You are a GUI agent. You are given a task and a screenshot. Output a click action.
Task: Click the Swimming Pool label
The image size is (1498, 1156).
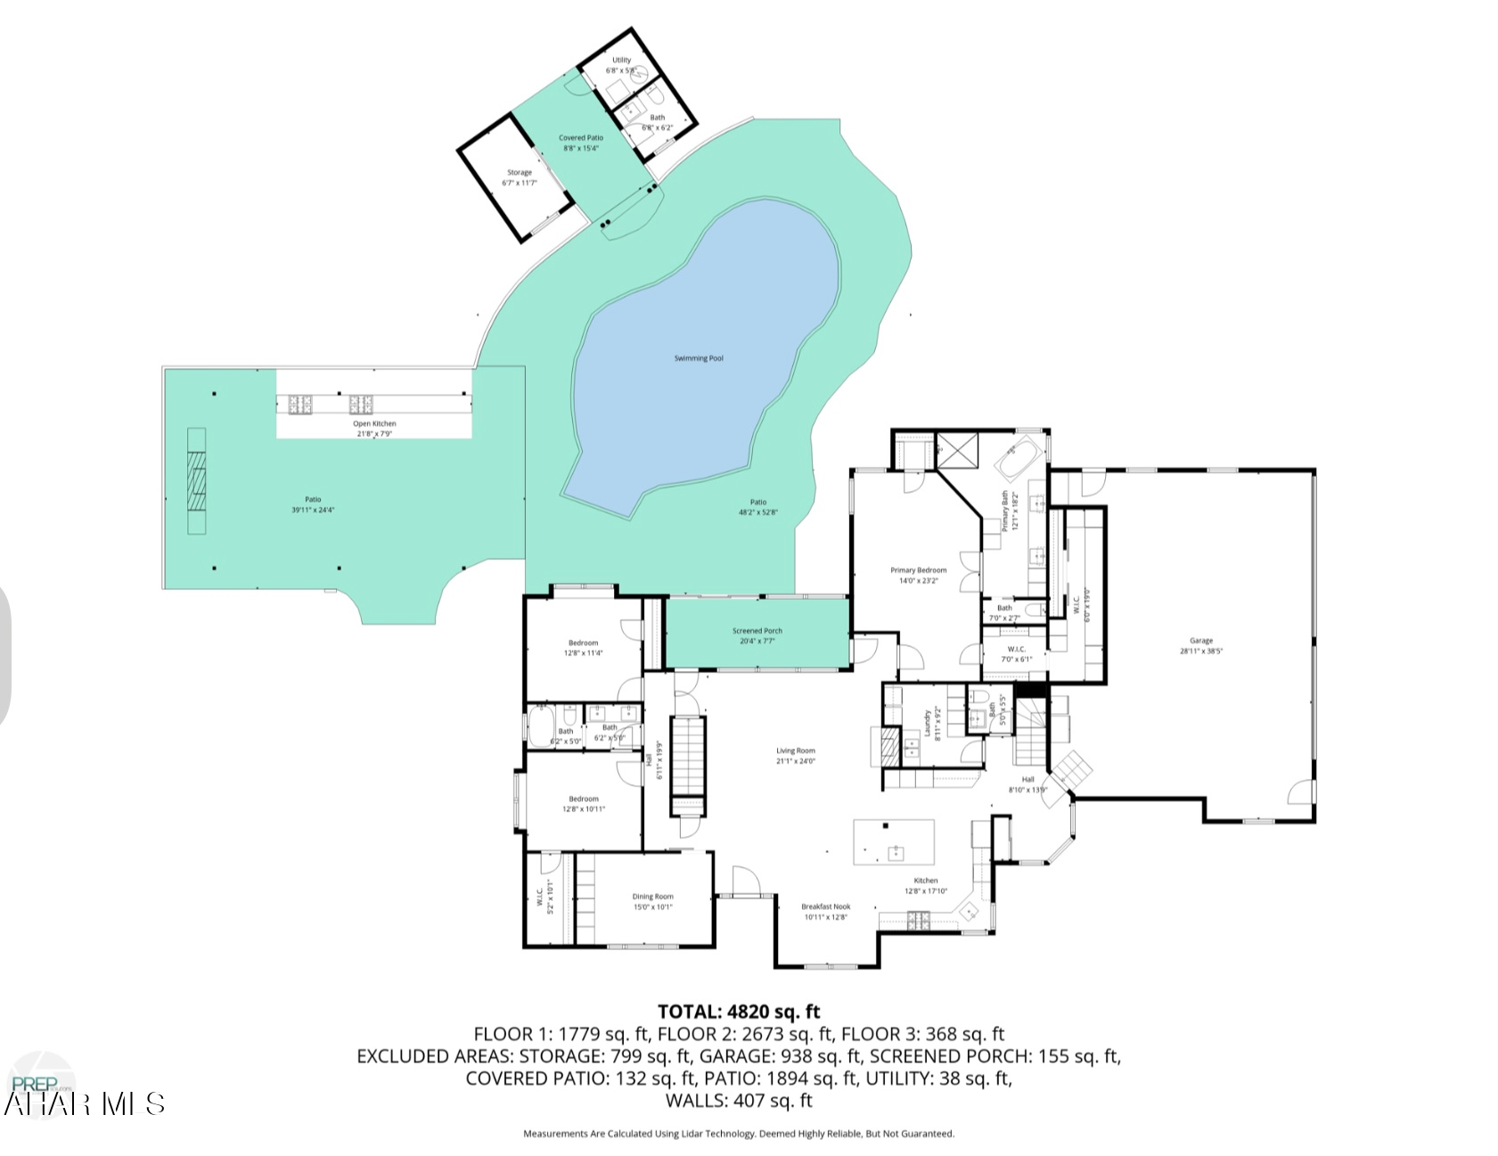698,358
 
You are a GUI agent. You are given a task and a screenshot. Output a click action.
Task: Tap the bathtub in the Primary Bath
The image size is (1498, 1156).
1019,457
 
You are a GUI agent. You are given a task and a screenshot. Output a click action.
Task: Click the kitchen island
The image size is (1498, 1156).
894,841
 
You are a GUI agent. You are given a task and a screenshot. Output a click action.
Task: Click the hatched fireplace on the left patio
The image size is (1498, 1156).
196,481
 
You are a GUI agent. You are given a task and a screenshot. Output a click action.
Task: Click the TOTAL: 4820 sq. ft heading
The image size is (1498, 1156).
738,1012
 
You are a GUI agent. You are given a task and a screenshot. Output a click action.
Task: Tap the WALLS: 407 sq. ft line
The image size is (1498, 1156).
738,1101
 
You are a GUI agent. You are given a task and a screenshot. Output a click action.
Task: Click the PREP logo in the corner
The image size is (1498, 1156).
40,1083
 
